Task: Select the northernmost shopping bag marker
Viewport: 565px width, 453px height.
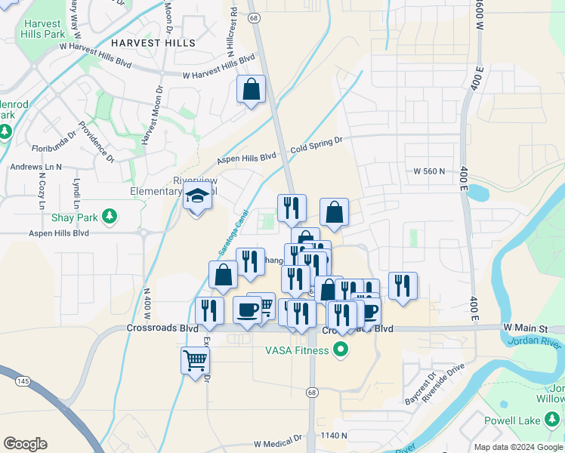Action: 252,90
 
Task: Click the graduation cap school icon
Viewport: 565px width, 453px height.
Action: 197,196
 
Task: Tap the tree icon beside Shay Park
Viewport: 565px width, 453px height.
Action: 110,217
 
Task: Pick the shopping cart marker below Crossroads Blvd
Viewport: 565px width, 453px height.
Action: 195,360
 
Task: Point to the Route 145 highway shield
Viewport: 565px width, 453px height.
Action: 23,382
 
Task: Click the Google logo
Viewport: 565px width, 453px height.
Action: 25,444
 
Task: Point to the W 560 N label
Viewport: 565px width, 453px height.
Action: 431,171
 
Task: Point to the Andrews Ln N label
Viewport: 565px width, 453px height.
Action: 36,166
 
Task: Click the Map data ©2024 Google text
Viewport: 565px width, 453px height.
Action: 517,447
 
